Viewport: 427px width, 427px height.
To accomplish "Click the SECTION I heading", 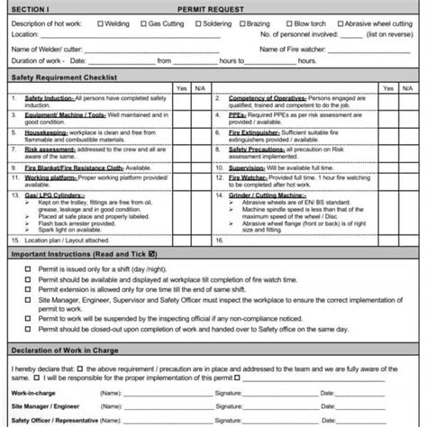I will point(30,8).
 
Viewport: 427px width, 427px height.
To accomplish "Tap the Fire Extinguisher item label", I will point(255,131).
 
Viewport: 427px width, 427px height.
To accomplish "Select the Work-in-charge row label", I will point(31,392).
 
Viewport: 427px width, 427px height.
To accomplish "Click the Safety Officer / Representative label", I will point(51,419).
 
